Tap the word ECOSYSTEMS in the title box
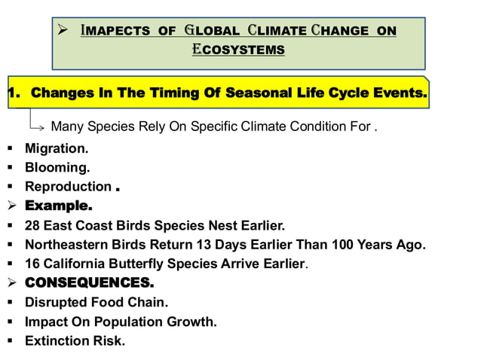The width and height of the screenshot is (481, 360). (x=237, y=50)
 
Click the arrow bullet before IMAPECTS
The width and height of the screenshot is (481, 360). (x=64, y=30)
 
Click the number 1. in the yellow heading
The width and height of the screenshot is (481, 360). (x=14, y=94)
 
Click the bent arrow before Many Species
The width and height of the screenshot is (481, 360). (x=37, y=122)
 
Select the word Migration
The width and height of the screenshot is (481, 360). (x=56, y=149)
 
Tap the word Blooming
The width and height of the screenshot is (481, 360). (x=57, y=167)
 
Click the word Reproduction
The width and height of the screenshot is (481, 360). (x=68, y=186)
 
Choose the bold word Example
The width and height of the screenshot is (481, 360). (x=58, y=205)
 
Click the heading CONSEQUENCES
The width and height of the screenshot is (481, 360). (x=89, y=283)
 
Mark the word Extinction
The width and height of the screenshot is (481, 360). (x=57, y=340)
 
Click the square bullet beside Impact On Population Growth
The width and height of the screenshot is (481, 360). (x=11, y=322)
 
